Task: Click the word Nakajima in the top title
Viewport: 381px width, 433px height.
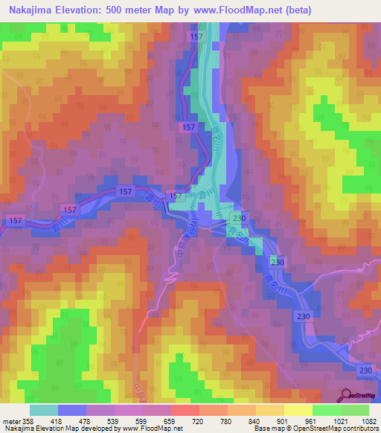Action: pyautogui.click(x=28, y=10)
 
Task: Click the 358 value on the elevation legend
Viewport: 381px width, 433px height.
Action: pyautogui.click(x=28, y=420)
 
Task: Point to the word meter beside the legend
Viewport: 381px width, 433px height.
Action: pyautogui.click(x=10, y=420)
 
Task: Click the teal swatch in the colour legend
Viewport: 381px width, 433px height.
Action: pyautogui.click(x=44, y=410)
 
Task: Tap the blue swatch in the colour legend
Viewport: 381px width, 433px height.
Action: pyautogui.click(x=72, y=410)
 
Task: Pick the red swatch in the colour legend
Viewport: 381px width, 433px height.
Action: pyautogui.click(x=185, y=410)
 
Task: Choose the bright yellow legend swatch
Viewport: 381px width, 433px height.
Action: pyautogui.click(x=298, y=410)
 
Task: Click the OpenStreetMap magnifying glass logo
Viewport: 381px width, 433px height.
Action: pyautogui.click(x=347, y=395)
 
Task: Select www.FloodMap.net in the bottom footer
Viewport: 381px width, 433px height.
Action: pyautogui.click(x=147, y=429)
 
